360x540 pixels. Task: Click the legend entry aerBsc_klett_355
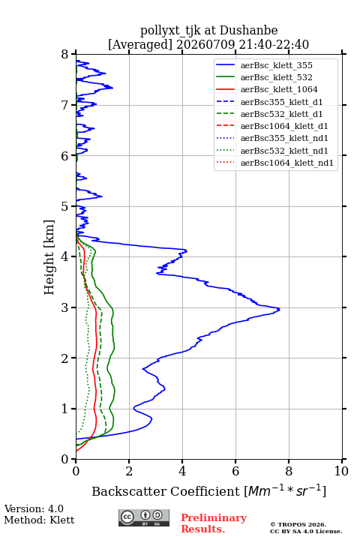(x=276, y=65)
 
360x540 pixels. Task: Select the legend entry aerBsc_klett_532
(x=276, y=77)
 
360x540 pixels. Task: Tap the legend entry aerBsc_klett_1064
(x=279, y=89)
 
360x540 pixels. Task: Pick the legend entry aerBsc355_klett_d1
(x=281, y=102)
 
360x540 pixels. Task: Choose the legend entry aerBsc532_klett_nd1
(x=284, y=151)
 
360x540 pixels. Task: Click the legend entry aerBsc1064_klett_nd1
(x=287, y=163)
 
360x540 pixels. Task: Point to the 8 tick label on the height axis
(x=65, y=55)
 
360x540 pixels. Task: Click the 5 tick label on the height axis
(x=65, y=206)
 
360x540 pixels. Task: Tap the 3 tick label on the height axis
(x=65, y=307)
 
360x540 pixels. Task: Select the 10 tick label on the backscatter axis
(x=341, y=471)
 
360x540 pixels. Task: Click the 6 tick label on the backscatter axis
(x=235, y=471)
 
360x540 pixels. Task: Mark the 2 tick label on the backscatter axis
(x=129, y=471)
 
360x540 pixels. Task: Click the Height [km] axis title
(x=49, y=257)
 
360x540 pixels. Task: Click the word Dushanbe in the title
(x=248, y=31)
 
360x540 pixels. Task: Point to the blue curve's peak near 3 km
(x=279, y=309)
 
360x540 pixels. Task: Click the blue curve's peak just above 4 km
(x=186, y=250)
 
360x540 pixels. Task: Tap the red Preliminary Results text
(x=214, y=523)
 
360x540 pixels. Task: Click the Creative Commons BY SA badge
(x=144, y=517)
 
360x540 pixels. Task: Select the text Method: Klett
(x=39, y=520)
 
